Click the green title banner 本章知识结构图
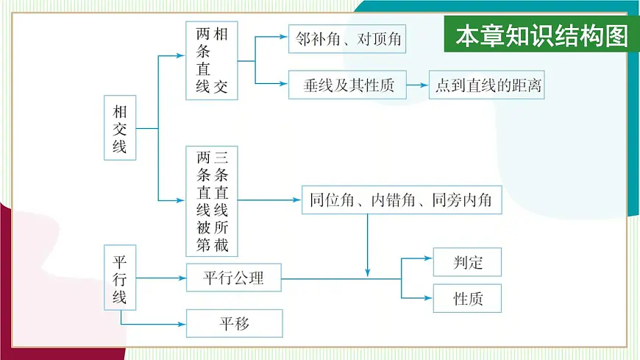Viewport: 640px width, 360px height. tap(541, 36)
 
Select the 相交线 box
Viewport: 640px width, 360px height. tap(119, 129)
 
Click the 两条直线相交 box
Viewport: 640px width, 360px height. tap(212, 60)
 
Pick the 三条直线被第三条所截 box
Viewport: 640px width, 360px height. tap(213, 200)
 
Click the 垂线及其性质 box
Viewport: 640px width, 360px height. tap(349, 85)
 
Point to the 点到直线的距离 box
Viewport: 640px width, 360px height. tap(487, 85)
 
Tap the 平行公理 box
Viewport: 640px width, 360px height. tap(233, 278)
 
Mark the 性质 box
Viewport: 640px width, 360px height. tap(467, 299)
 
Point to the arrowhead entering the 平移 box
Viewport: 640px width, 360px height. tap(180, 323)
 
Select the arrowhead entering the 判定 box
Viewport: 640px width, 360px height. tap(428, 259)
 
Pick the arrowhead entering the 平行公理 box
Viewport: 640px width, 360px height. tap(181, 278)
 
